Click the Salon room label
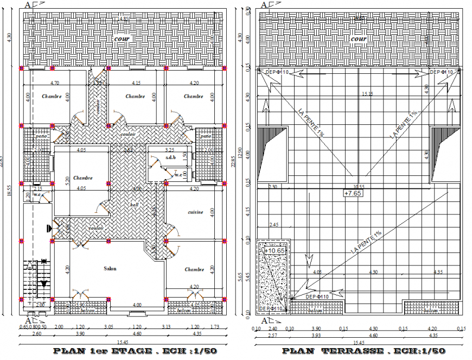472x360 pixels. [x=110, y=268]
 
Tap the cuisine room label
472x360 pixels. [x=195, y=212]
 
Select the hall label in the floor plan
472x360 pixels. [x=134, y=205]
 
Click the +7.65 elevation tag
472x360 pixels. [x=353, y=193]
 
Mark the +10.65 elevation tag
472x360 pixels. [x=275, y=250]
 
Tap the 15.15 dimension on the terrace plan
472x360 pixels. [x=368, y=94]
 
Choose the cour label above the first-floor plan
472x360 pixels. [x=121, y=39]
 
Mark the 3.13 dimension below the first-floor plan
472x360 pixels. [x=165, y=327]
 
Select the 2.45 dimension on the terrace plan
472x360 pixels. [x=273, y=224]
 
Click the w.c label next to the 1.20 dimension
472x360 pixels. [x=38, y=194]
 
